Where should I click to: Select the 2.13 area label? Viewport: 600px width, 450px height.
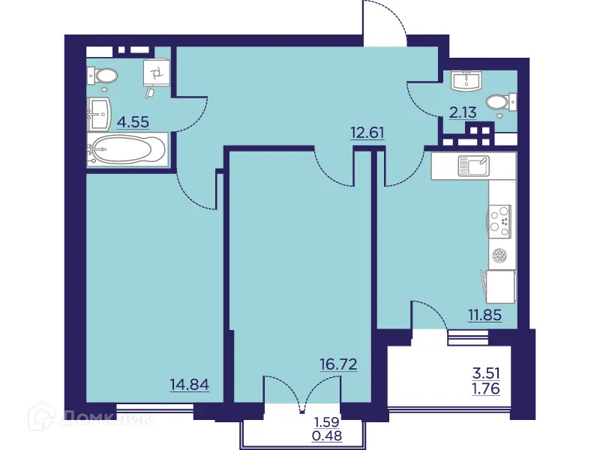(x=463, y=114)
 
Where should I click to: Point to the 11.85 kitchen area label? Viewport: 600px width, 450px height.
(x=484, y=313)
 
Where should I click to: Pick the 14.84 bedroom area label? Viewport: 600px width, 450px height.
(x=188, y=385)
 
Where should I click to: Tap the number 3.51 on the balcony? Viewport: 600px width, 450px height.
(x=485, y=373)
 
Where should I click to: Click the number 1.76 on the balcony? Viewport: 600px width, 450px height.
(x=485, y=388)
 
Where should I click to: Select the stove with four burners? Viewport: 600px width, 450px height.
(x=499, y=219)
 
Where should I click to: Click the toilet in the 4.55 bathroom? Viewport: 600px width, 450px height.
(x=104, y=75)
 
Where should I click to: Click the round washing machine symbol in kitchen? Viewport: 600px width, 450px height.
(x=499, y=256)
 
